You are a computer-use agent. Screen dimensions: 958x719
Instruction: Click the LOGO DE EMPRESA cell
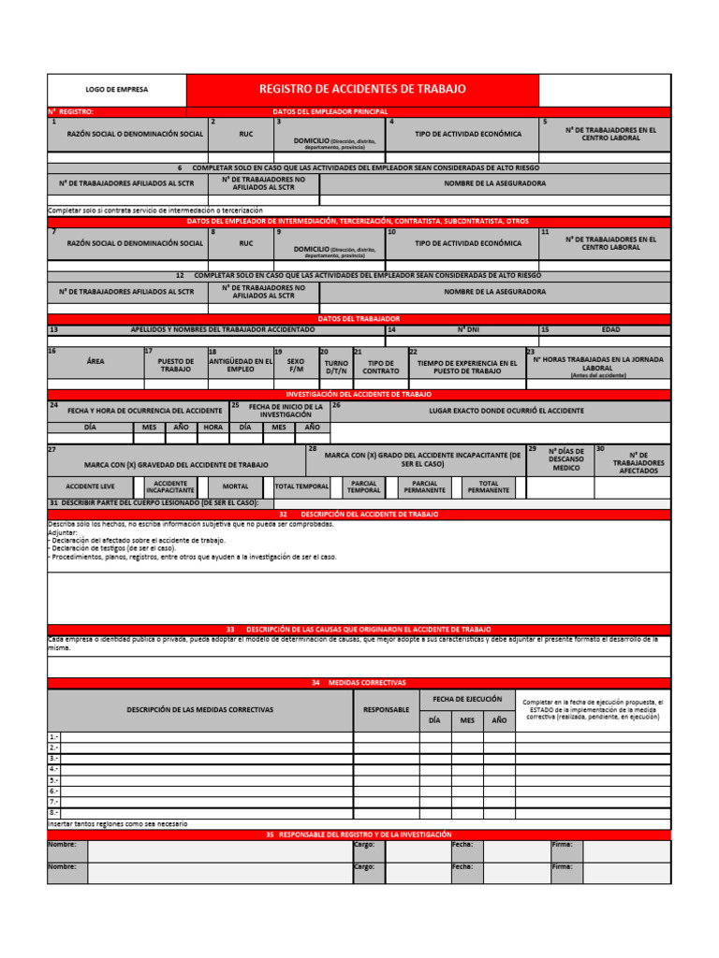click(116, 90)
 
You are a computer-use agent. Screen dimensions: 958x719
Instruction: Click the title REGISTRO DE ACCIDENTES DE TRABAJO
click(361, 89)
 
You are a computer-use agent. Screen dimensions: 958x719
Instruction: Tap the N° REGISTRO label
click(71, 111)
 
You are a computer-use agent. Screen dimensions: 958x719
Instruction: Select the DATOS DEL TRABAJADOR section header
click(359, 319)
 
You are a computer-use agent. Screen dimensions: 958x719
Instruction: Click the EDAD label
click(610, 330)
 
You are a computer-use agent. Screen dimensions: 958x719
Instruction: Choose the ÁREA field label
click(95, 361)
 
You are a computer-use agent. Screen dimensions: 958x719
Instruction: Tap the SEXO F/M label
click(295, 365)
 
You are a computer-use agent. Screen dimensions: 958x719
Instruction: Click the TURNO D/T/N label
click(335, 366)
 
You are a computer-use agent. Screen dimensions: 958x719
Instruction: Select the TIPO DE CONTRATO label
click(380, 366)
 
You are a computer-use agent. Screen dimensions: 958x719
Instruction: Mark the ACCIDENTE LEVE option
click(90, 487)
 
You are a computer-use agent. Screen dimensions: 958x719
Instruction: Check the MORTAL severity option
click(235, 487)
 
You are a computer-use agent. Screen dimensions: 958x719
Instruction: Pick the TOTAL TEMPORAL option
click(301, 487)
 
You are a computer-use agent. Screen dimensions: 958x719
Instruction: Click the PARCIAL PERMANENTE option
click(424, 487)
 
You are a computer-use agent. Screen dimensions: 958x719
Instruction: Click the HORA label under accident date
click(213, 427)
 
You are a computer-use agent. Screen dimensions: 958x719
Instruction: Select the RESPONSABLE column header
click(386, 710)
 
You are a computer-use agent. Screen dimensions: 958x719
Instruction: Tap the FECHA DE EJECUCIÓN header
click(466, 699)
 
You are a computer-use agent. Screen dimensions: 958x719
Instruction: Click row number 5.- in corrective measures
click(53, 780)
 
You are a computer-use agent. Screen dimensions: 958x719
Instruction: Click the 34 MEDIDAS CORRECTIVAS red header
click(359, 683)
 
